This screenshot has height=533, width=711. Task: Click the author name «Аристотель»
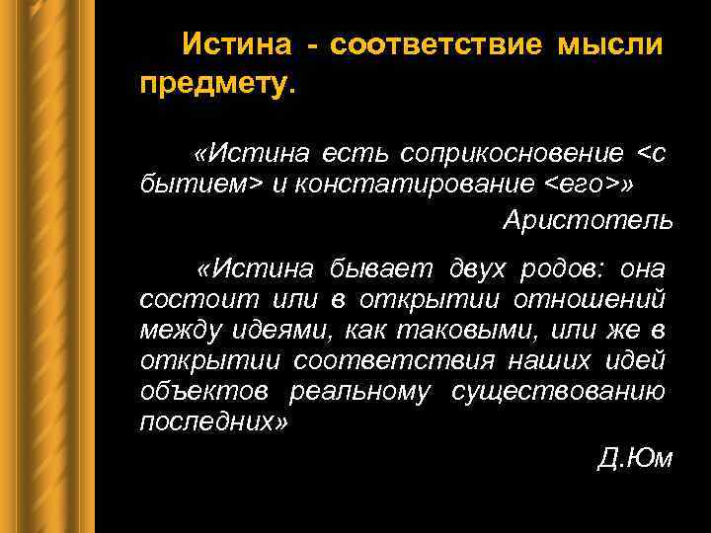(x=588, y=220)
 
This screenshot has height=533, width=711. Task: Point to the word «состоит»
(x=185, y=297)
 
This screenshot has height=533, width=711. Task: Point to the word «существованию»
(x=558, y=392)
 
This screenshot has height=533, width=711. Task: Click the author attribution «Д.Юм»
(x=635, y=459)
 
